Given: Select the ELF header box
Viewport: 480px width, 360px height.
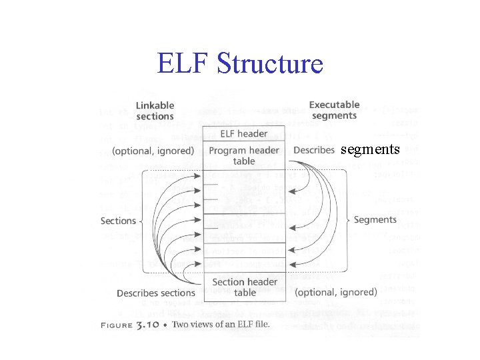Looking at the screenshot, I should tap(243, 133).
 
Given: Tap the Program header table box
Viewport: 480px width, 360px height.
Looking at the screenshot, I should tap(243, 155).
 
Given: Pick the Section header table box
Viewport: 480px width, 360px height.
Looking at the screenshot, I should tap(245, 287).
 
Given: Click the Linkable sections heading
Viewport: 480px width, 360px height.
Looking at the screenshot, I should tap(155, 111).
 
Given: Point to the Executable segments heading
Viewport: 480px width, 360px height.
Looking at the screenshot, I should tap(334, 110).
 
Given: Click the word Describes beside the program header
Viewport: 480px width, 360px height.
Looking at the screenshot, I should tap(313, 150).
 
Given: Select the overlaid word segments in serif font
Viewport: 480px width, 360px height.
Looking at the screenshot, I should tap(370, 149).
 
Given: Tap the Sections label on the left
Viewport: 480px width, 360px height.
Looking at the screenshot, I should tap(118, 221).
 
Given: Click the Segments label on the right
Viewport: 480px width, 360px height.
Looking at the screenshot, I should tap(375, 219).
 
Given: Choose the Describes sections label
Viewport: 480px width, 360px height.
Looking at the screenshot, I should tap(156, 293).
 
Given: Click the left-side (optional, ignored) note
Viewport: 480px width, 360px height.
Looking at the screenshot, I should tap(153, 151).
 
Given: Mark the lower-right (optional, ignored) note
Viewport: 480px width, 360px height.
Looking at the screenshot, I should tap(335, 292).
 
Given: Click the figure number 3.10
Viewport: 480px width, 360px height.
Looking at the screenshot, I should tap(145, 325).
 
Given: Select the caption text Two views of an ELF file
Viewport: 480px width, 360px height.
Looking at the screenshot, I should tap(221, 325).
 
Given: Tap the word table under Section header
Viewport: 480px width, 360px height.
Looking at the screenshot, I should tap(245, 293).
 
